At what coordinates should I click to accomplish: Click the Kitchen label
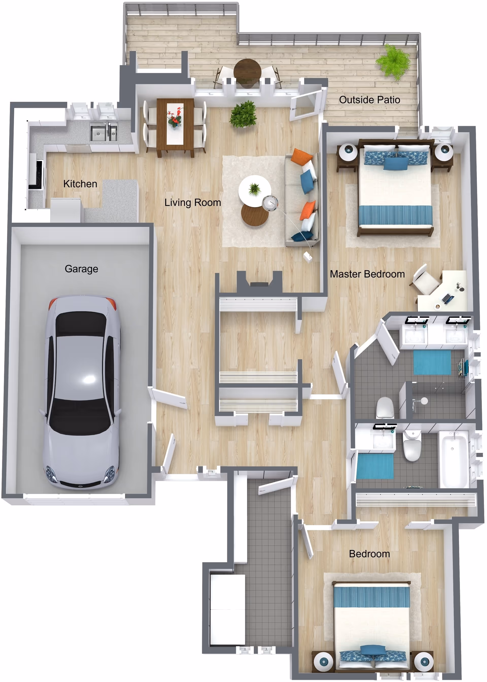80,184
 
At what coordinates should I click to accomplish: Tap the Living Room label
193,203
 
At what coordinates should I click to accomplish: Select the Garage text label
81,269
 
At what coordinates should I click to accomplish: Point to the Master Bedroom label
367,274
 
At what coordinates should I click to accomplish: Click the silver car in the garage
82,390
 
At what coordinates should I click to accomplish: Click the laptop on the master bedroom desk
447,298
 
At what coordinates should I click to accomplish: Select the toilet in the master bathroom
385,407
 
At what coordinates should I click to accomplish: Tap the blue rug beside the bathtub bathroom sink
375,466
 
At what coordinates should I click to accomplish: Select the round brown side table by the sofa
255,215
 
